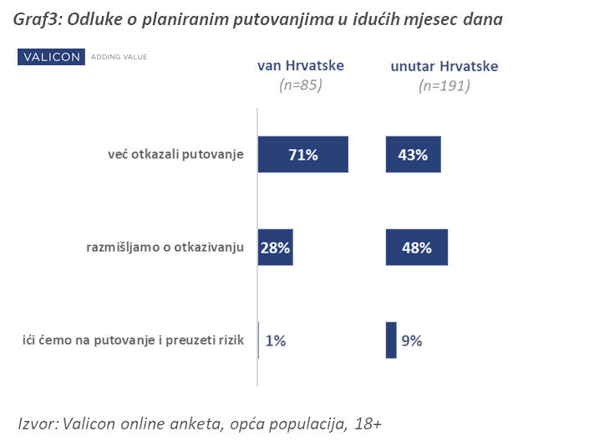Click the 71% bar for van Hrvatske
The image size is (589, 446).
pos(303,155)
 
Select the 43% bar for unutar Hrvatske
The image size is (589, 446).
pos(413,155)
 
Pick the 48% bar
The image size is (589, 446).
pos(417,248)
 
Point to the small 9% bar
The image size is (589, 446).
pos(391,340)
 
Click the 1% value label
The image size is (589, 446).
pos(277,341)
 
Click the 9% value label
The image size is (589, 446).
pos(411,341)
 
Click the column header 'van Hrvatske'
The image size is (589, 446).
pos(300,66)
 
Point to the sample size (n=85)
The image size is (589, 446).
pos(300,85)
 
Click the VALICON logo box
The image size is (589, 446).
pos(52,57)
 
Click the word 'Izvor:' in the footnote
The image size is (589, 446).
pos(38,424)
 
